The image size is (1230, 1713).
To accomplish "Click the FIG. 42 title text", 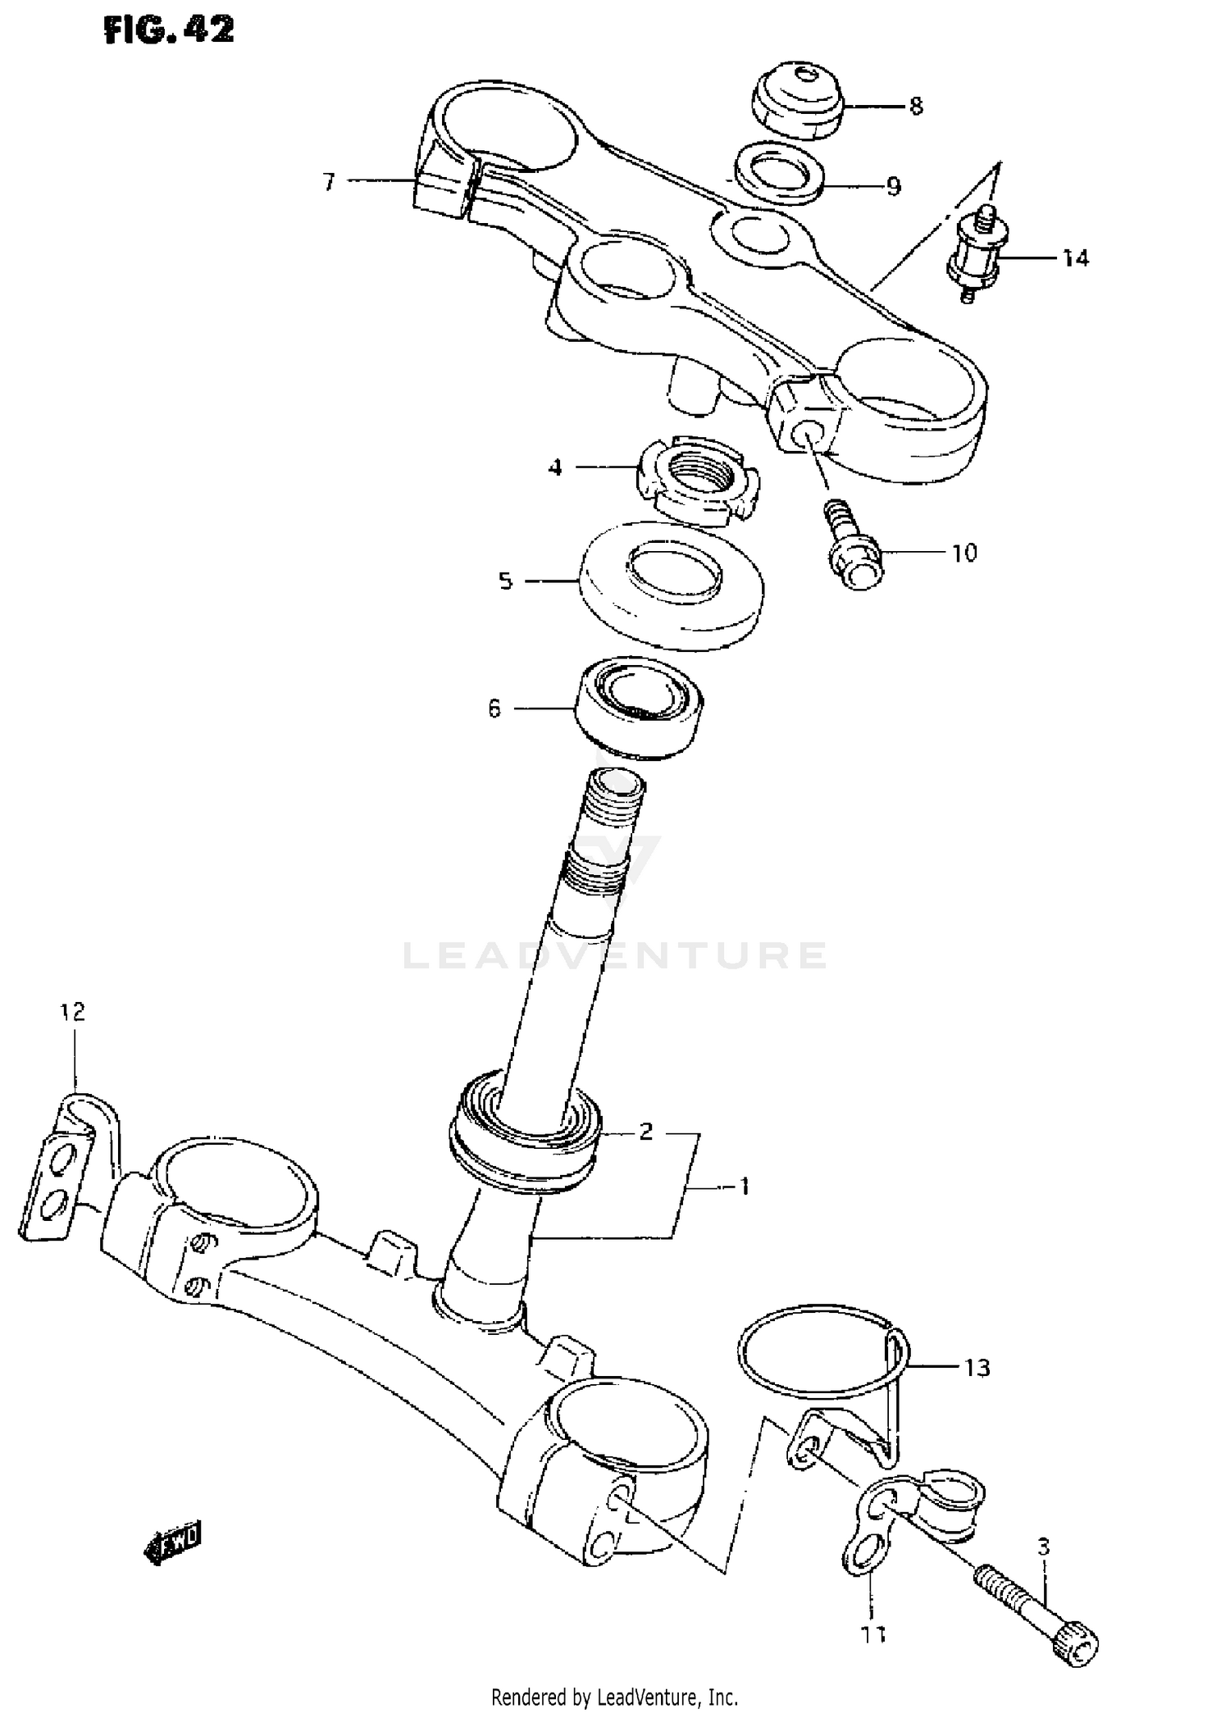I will (169, 30).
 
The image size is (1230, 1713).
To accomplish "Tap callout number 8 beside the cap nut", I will (915, 106).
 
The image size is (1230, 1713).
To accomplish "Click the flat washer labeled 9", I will (779, 173).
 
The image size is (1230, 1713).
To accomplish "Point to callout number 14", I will (1075, 258).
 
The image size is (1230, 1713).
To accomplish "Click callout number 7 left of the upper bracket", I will (329, 181).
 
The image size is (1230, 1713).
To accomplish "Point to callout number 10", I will (964, 553).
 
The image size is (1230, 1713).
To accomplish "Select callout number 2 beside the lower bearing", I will (645, 1132).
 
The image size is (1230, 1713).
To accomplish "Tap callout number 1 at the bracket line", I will (744, 1186).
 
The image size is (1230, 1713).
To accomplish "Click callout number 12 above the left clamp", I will (73, 1012).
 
